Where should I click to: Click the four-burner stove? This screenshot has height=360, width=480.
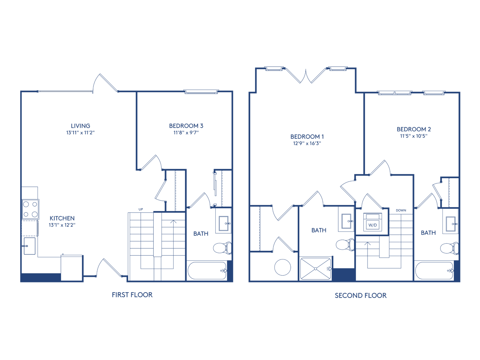(x=30, y=209)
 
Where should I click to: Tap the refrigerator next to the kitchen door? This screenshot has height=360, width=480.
(x=71, y=268)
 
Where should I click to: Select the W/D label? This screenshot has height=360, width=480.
(x=372, y=225)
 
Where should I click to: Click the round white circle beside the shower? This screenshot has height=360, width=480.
(x=282, y=267)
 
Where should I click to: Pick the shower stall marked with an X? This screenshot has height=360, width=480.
(x=315, y=268)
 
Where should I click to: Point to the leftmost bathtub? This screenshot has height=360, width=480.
(x=207, y=270)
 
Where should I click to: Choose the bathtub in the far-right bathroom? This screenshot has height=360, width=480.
(x=434, y=270)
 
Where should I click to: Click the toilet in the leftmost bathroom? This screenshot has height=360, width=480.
(x=222, y=248)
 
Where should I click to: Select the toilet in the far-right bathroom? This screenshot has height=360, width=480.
(x=449, y=248)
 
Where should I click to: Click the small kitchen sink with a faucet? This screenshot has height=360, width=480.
(x=30, y=246)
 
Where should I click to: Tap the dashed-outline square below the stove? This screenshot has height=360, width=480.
(x=29, y=228)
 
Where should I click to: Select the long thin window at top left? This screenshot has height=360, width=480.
(x=65, y=91)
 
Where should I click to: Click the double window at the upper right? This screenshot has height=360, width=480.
(x=394, y=93)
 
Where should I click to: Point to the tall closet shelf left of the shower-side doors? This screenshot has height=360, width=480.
(x=255, y=228)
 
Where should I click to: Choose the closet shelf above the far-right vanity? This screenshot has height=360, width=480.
(x=453, y=192)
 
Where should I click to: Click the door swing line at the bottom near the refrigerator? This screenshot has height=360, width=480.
(x=112, y=267)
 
